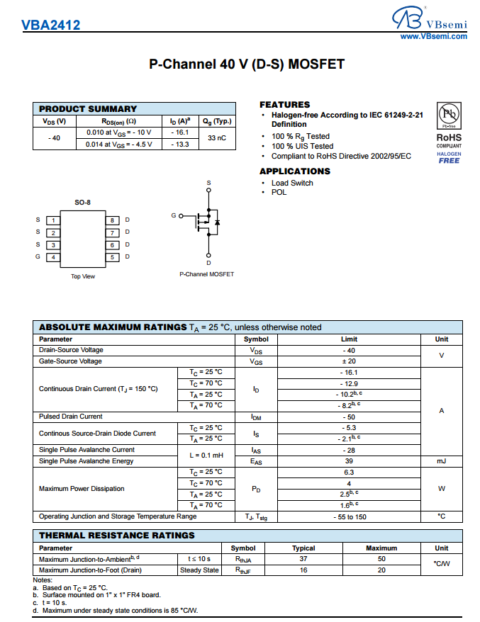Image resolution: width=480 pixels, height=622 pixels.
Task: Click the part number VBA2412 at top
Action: pos(50,26)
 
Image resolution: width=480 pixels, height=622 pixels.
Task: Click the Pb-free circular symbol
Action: pos(449,115)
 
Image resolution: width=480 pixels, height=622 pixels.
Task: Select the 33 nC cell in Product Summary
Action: pos(217,138)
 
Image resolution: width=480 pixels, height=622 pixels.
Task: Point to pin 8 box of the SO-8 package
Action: pos(112,220)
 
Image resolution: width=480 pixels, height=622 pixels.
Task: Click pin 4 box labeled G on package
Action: pos(53,257)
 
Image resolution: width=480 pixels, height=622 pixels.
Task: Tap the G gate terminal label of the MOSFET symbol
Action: pos(173,215)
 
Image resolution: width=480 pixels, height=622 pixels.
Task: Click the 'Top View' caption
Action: pos(83,276)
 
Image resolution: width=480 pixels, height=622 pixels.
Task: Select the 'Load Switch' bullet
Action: pos(292,183)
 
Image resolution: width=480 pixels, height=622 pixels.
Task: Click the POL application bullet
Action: pos(279,192)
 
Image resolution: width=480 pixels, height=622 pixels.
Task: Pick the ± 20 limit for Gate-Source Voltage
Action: pos(349,361)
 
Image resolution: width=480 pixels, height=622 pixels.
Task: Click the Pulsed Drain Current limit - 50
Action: pos(349,417)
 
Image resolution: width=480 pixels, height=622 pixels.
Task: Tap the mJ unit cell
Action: pos(441,461)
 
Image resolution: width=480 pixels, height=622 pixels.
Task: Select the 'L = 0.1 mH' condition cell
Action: pos(206,456)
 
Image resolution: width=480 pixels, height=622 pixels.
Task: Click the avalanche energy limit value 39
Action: pos(349,461)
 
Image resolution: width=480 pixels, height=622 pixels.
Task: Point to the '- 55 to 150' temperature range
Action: pos(349,516)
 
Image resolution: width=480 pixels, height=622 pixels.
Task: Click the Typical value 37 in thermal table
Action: pos(303,559)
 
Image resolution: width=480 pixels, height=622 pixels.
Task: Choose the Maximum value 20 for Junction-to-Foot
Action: pos(381,570)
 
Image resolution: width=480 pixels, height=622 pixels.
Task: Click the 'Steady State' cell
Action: pos(199,570)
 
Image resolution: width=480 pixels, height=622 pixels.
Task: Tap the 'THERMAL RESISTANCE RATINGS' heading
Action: pos(116,536)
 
